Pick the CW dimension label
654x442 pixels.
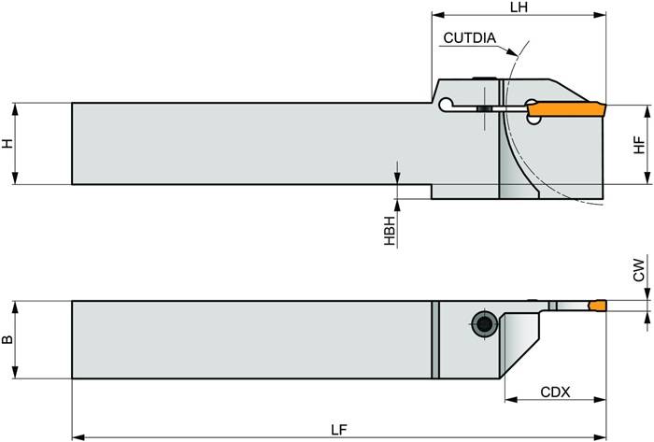[639, 270]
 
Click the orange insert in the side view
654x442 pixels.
[564, 111]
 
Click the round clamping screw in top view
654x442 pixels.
[483, 324]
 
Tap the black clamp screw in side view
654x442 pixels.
[484, 110]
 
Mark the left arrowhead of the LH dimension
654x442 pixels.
[436, 16]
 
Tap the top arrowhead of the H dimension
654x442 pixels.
[16, 106]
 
